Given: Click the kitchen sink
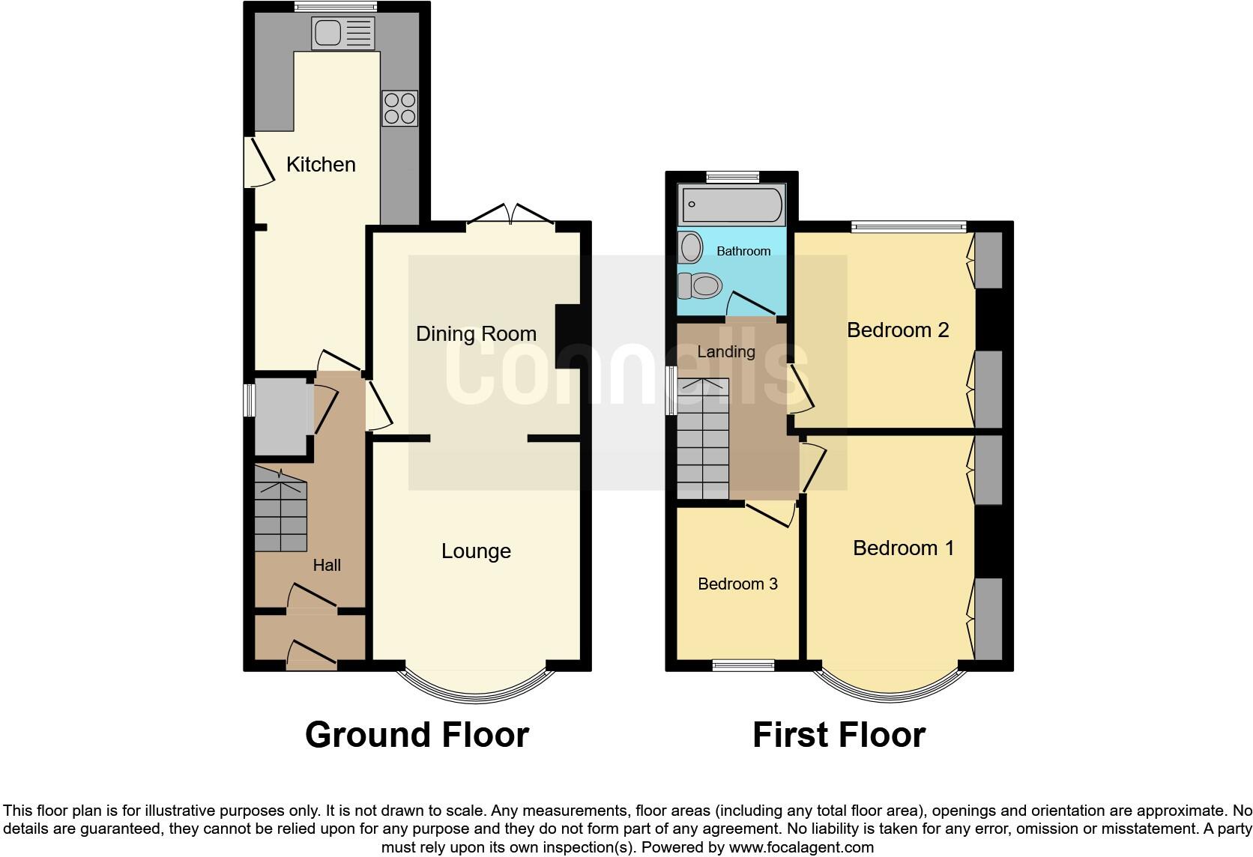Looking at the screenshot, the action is pos(343,33).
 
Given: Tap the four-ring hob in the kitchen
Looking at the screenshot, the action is pos(400,109).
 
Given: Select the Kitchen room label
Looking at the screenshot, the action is pos(321,164).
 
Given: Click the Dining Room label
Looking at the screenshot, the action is pos(476,334).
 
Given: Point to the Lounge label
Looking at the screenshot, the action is pos(476,551).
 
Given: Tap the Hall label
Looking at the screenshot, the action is pos(327,565).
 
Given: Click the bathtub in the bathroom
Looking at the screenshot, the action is pos(731,205).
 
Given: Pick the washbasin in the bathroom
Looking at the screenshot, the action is pos(691,247).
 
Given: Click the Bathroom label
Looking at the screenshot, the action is pos(743,252).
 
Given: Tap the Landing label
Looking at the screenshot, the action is pos(726,351).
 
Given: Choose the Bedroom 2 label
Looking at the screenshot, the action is pos(898,330).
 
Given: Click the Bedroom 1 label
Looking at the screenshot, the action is pos(903,548).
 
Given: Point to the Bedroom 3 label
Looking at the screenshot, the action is pos(738,584).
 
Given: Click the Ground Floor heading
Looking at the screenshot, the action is pos(417,735).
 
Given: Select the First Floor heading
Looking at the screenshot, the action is pos(839,735).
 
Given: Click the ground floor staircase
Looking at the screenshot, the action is pos(281,509).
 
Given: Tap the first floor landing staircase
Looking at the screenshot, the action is pos(703,438).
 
